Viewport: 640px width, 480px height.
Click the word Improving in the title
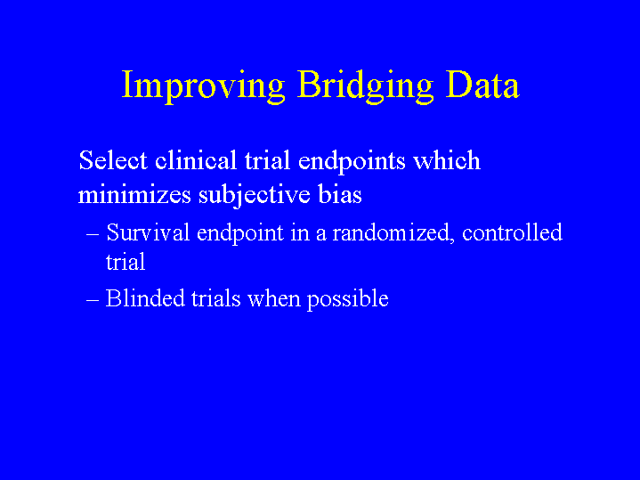(203, 85)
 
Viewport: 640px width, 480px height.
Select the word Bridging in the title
(365, 85)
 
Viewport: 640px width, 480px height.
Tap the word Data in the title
(482, 84)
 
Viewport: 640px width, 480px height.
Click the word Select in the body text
(113, 159)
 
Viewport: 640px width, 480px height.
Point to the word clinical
(196, 159)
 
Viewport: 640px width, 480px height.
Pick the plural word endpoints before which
(352, 161)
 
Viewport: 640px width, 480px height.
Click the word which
(447, 159)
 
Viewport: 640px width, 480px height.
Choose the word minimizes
(134, 194)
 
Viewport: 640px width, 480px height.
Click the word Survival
(148, 232)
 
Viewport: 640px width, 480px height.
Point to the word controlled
(512, 232)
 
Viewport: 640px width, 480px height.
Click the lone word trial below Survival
(126, 262)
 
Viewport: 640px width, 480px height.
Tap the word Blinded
(145, 298)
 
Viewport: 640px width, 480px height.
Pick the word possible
(348, 299)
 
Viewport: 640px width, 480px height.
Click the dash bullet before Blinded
(93, 300)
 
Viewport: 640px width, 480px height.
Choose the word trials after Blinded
(216, 298)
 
